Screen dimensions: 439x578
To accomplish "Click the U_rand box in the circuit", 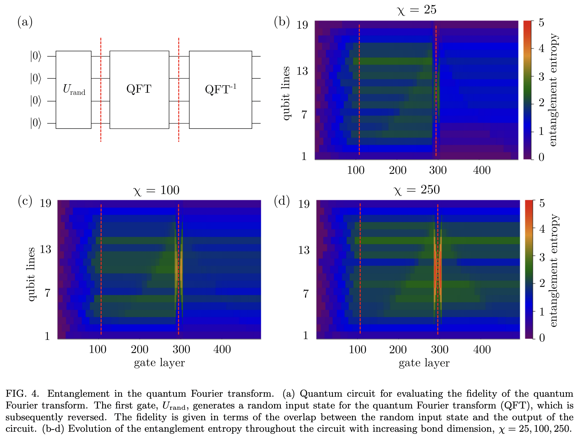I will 73,90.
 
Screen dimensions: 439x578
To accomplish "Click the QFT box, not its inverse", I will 139,90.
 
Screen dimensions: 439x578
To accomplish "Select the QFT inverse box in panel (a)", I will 220,90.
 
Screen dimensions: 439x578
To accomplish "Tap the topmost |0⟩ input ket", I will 35,56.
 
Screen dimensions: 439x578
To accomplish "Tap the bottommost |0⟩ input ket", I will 35,123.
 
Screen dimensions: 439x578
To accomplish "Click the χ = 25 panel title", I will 416,10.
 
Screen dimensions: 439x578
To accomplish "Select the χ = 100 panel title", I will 156,191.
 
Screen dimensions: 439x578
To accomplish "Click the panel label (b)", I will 282,22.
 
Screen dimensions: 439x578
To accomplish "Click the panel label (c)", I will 25,201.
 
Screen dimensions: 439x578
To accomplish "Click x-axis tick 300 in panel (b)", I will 438,170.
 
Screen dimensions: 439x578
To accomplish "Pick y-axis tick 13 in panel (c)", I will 45,249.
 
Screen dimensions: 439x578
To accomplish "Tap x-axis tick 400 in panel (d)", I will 482,350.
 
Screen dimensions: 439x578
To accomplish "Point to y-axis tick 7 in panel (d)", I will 306,293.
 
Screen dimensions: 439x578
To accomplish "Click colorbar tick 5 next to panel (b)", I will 541,23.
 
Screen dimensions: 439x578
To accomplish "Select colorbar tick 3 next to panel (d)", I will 542,258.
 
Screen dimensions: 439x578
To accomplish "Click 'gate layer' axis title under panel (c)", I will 159,363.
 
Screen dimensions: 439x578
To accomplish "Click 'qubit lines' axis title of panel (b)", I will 286,93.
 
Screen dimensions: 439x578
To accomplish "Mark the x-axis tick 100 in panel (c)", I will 97,350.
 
